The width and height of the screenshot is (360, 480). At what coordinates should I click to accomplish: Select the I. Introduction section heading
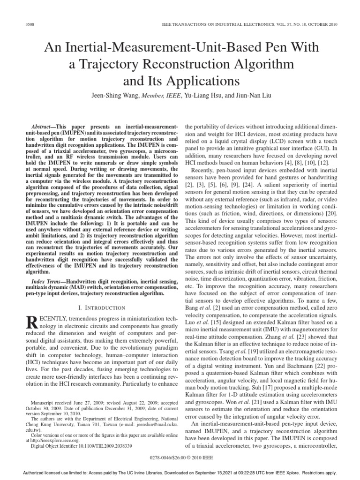pos(100,307)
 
